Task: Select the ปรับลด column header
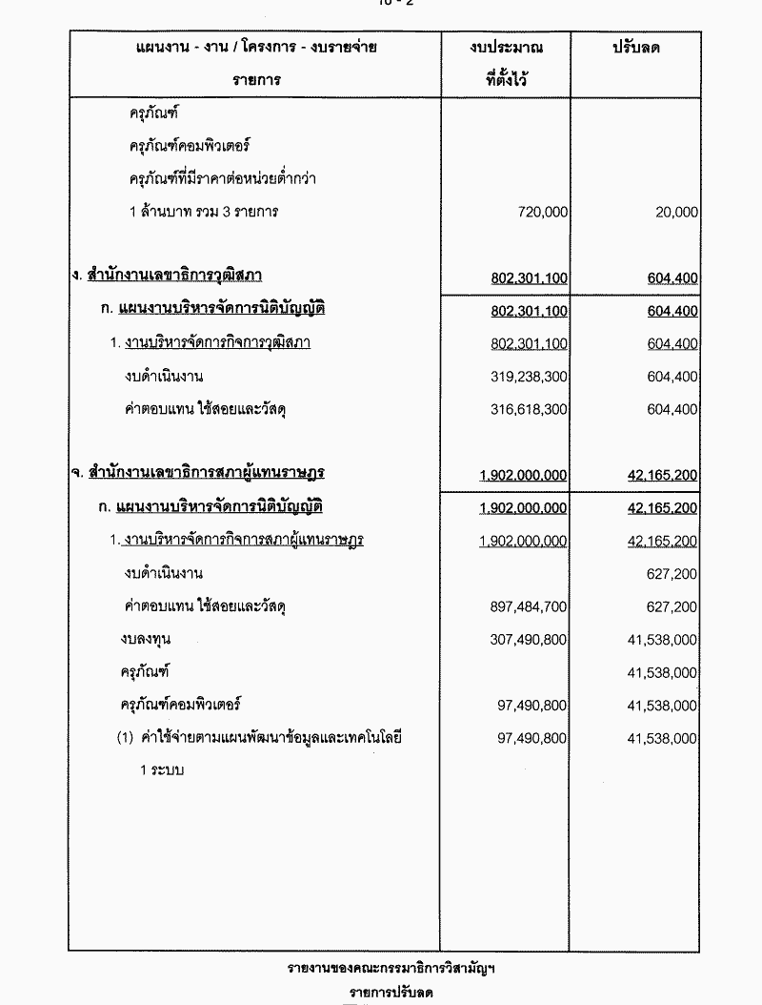(x=635, y=48)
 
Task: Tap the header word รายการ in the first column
(x=256, y=80)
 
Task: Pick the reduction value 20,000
(x=676, y=213)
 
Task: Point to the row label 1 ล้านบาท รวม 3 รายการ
(x=204, y=212)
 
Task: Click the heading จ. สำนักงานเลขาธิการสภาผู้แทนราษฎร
(x=197, y=474)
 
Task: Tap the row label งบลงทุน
(x=146, y=639)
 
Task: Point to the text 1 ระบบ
(x=162, y=769)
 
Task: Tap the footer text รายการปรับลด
(x=391, y=993)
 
